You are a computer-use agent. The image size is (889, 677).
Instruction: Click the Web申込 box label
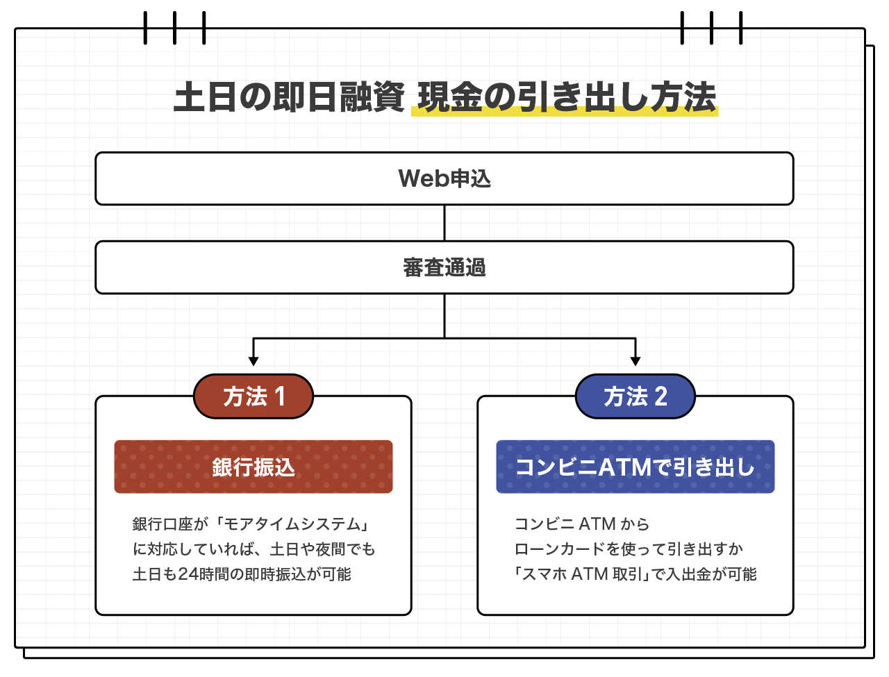click(444, 178)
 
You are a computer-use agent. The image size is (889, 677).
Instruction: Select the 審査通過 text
click(444, 267)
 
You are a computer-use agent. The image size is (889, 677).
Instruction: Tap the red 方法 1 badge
click(254, 396)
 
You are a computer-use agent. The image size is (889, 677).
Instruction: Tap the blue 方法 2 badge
click(635, 396)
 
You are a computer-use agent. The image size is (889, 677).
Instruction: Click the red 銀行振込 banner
click(254, 467)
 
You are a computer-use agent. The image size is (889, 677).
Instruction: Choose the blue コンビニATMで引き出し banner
click(635, 467)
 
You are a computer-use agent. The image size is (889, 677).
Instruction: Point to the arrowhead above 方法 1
click(254, 361)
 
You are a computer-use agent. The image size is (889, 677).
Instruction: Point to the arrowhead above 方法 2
click(635, 361)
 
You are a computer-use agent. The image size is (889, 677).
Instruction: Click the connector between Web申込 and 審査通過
click(444, 223)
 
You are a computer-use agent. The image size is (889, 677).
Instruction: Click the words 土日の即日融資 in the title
click(289, 97)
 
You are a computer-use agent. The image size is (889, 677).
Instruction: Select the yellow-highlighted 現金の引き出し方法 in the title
click(565, 98)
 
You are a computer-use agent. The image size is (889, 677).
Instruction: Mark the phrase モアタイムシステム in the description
click(292, 524)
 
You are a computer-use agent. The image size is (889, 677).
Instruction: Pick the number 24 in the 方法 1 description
click(188, 574)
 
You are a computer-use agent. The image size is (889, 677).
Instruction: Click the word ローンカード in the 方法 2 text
click(560, 549)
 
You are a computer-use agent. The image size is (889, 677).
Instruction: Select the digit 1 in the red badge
click(280, 396)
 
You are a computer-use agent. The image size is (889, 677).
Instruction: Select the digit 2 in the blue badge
click(660, 396)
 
